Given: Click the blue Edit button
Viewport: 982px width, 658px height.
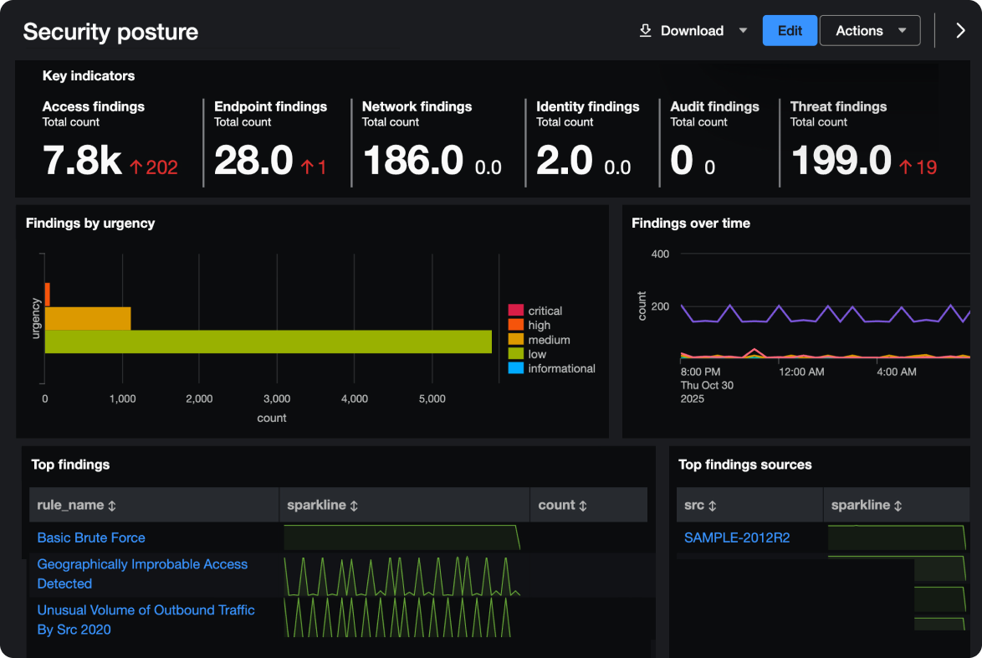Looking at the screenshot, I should tap(790, 31).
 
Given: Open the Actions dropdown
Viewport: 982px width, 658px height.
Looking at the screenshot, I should tap(870, 31).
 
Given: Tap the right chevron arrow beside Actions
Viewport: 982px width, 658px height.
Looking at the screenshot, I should tap(960, 31).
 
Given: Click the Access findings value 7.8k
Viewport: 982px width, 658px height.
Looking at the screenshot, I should tap(82, 160).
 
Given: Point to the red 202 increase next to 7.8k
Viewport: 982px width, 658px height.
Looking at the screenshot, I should tap(154, 167).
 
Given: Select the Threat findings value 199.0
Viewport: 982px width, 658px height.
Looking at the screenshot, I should tap(841, 160).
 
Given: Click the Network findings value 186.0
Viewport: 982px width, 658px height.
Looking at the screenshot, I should tap(412, 160).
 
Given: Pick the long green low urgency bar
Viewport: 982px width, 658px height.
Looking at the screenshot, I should tap(268, 342).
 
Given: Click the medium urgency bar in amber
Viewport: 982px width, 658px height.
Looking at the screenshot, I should tap(88, 318).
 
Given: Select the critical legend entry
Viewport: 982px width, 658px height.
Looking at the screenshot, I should tap(545, 311).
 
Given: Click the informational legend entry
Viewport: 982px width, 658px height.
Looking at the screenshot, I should tap(561, 368).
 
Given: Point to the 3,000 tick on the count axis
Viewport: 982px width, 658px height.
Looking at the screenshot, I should tap(277, 399).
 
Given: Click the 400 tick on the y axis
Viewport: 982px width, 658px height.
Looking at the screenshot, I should tap(660, 254).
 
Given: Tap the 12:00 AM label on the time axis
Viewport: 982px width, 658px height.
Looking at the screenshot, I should tap(801, 371).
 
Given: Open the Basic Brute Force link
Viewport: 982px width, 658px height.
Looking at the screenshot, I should tap(91, 537).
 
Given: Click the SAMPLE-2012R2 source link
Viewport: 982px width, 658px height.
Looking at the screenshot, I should tap(736, 537).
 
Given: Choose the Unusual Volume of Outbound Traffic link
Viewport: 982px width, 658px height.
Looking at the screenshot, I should tap(146, 610).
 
